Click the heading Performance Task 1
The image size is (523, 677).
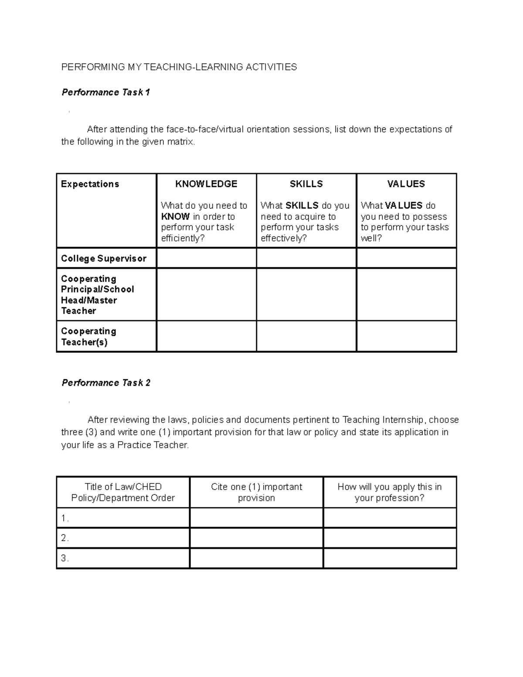click(x=105, y=92)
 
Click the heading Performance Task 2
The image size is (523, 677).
click(x=106, y=383)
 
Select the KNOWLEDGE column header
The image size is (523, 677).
click(x=206, y=184)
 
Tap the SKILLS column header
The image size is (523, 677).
click(x=306, y=184)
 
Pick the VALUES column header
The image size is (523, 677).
click(x=406, y=184)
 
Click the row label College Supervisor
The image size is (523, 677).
click(x=104, y=259)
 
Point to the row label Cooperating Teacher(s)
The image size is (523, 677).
click(x=88, y=337)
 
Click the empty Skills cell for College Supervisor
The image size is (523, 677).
click(x=306, y=258)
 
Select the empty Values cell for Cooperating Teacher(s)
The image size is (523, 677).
click(x=406, y=336)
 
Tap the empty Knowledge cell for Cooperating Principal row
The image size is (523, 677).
click(x=206, y=295)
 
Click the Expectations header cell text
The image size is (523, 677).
click(x=90, y=184)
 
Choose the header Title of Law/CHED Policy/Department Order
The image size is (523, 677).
click(x=123, y=492)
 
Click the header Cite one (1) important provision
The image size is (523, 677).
click(x=256, y=492)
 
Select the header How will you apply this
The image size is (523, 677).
click(x=390, y=492)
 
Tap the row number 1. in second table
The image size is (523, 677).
click(x=65, y=518)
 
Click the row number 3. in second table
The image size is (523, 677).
click(x=65, y=558)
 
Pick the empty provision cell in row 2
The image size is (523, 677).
click(x=256, y=538)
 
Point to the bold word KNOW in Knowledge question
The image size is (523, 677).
click(x=175, y=217)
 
